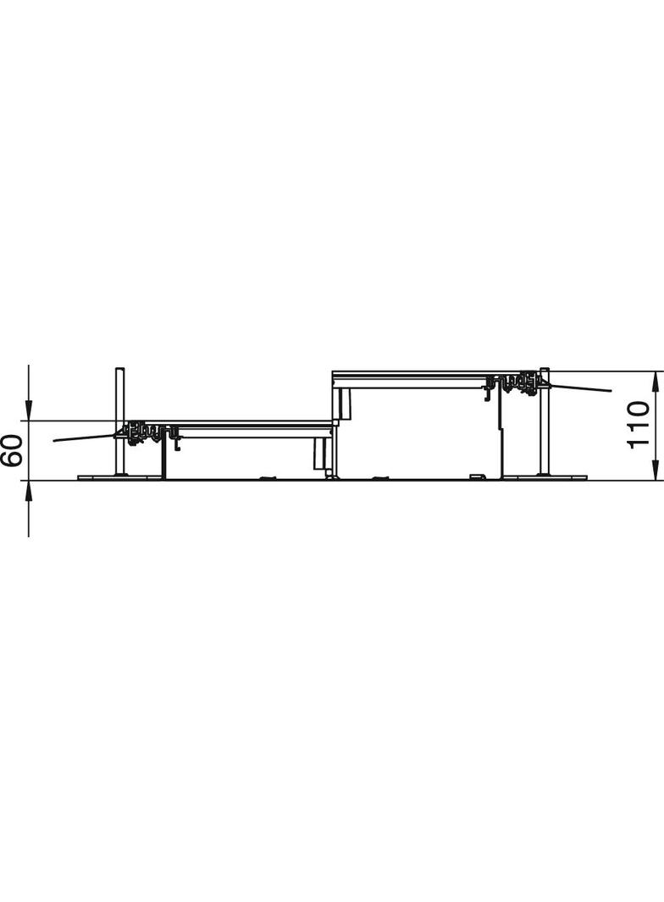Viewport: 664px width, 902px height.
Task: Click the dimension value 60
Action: coord(10,450)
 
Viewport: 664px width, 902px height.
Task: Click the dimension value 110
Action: coord(639,425)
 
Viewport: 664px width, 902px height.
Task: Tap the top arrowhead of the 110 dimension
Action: coord(656,378)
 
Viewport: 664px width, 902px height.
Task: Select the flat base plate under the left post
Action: coord(119,478)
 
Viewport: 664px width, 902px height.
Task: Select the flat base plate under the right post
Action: coord(545,478)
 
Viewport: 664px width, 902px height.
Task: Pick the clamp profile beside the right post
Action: coord(517,383)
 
